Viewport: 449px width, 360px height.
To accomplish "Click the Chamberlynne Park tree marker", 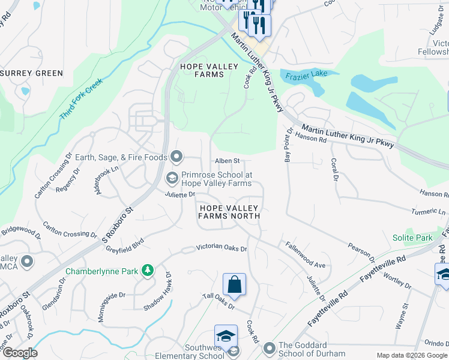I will coord(147,271).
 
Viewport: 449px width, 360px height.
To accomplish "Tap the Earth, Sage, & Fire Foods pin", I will coord(176,157).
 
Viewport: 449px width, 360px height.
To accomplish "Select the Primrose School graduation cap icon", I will coord(172,178).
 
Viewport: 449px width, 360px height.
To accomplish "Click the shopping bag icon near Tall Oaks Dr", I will coord(235,284).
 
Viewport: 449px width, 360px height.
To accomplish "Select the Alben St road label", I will coord(228,161).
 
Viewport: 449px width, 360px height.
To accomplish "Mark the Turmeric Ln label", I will coord(430,212).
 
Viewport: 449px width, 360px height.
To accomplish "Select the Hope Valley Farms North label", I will coord(230,211).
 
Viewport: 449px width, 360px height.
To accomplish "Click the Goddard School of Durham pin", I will coord(269,347).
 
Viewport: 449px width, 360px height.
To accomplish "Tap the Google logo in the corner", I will coord(20,353).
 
